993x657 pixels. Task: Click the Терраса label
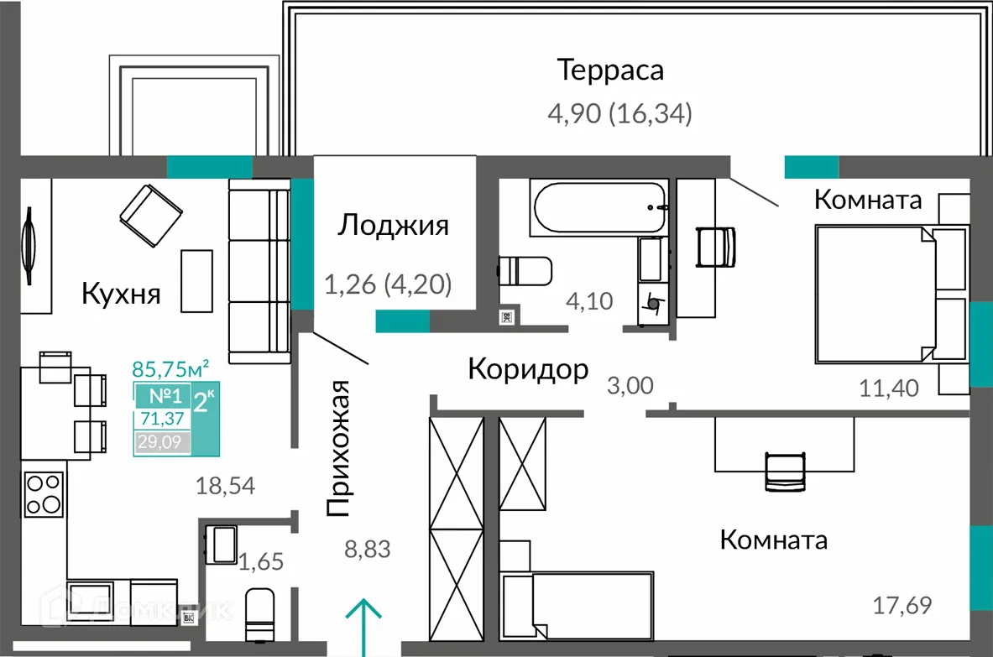[610, 70]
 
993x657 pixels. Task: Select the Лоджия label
[393, 225]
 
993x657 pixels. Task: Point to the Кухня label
[121, 294]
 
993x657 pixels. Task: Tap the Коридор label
[527, 369]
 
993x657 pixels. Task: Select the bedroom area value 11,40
[889, 387]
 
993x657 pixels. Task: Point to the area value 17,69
[902, 603]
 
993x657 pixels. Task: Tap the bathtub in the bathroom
[598, 207]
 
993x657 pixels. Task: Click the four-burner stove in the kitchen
[44, 494]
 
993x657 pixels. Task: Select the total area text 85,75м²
[170, 368]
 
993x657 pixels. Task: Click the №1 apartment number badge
[160, 397]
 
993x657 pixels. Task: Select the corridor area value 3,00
[630, 386]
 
